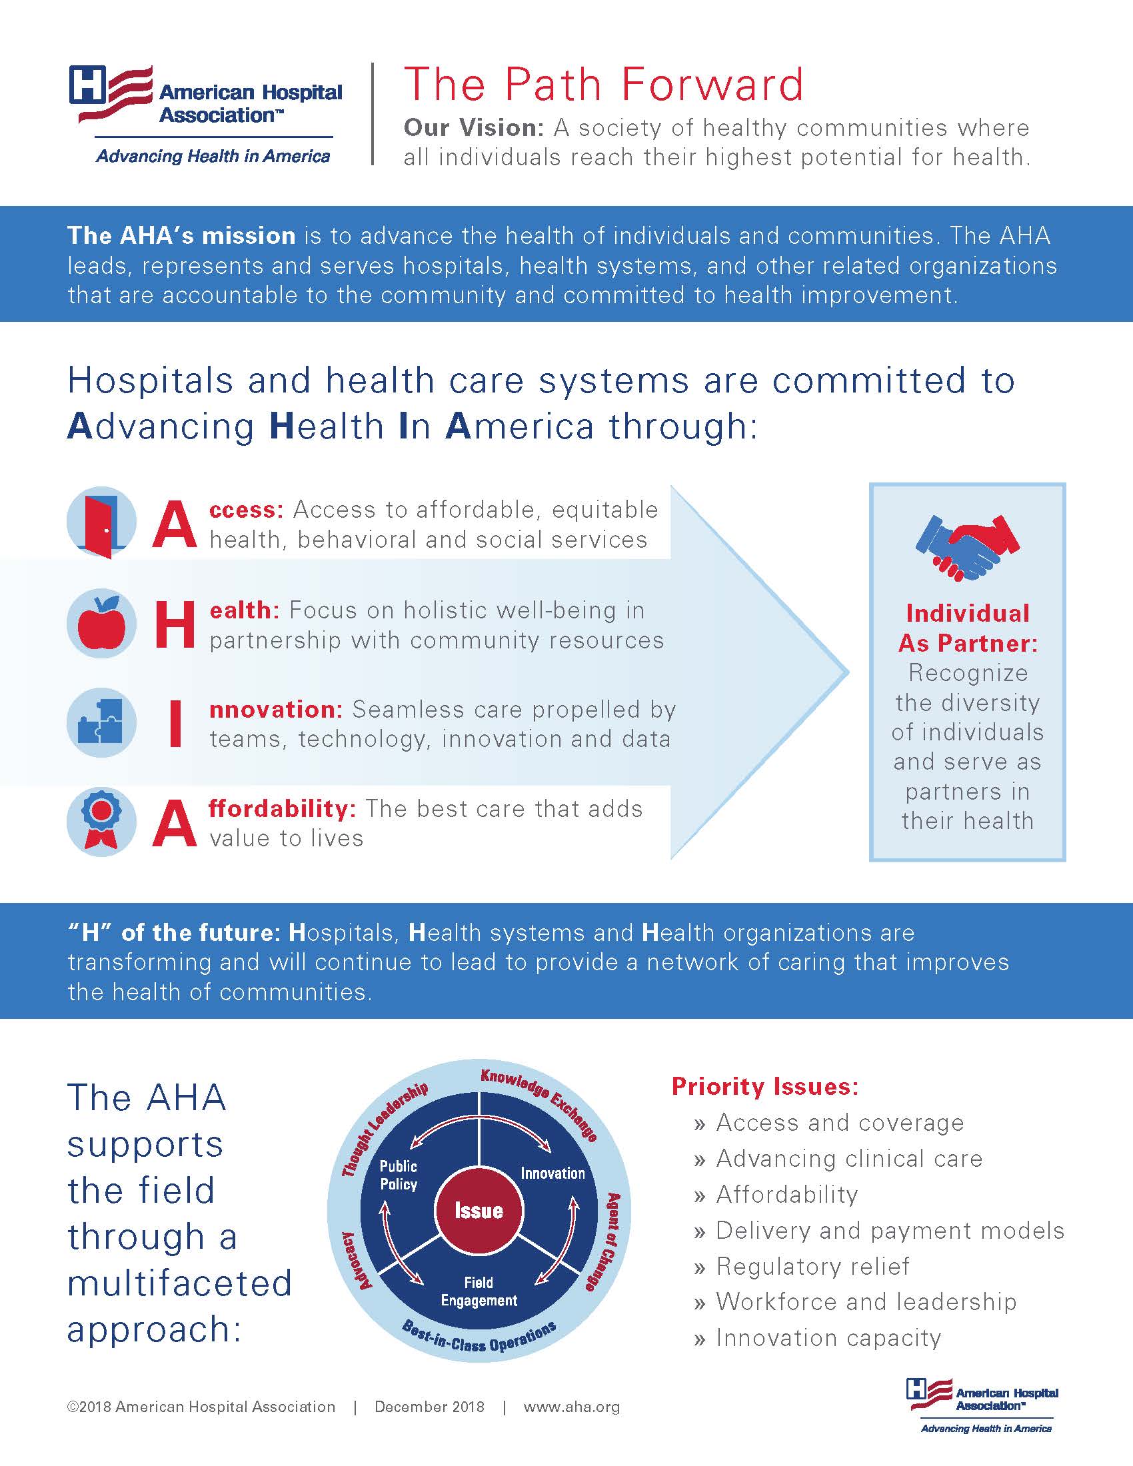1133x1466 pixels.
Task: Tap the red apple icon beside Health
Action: [101, 623]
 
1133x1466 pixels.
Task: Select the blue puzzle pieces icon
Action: [101, 722]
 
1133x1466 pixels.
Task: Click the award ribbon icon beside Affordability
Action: [101, 822]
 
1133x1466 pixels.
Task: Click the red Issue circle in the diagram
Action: [479, 1210]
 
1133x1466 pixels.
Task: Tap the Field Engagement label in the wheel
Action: [479, 1291]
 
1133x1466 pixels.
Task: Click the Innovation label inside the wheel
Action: [553, 1173]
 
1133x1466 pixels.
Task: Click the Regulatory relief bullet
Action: [812, 1266]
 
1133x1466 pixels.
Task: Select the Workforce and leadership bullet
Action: [866, 1301]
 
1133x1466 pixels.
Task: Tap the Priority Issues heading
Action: [765, 1086]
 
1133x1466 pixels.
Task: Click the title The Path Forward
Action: [603, 85]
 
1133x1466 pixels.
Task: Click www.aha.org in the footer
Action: [571, 1406]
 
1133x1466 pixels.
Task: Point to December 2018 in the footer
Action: [430, 1406]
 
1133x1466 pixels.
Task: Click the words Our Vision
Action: [473, 127]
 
